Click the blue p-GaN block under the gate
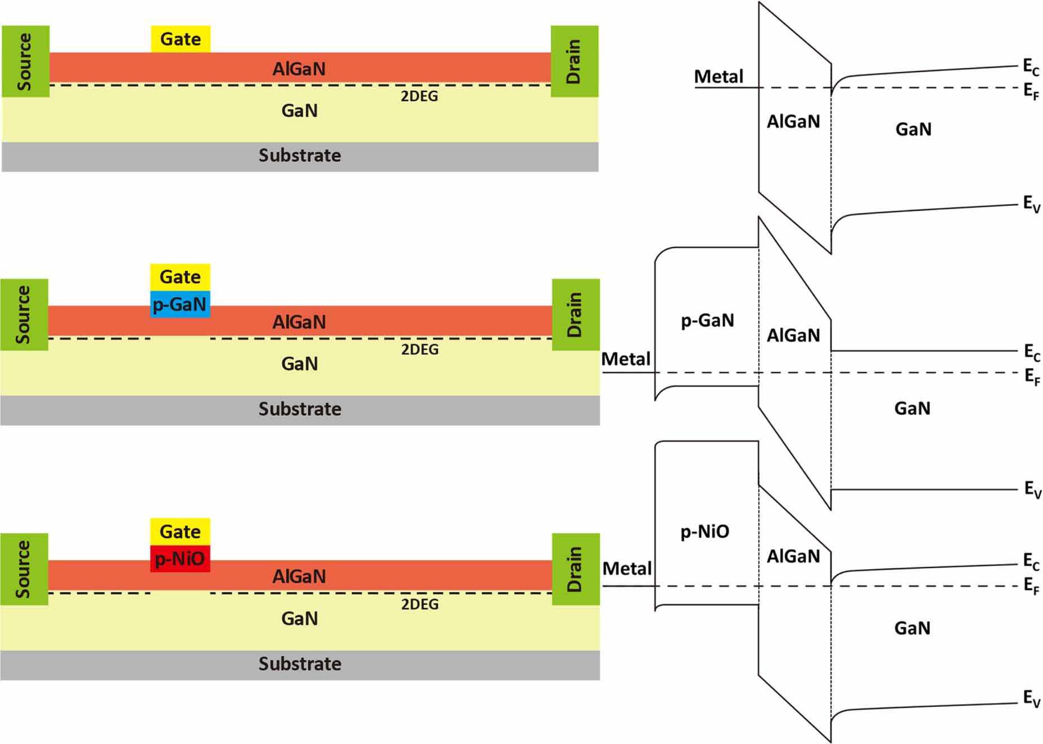[x=180, y=304]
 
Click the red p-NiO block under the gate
[x=180, y=558]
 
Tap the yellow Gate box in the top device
[x=180, y=39]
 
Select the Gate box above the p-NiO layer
[x=180, y=531]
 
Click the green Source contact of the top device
[x=25, y=61]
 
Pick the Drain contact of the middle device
[x=575, y=314]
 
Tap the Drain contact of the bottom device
[x=575, y=569]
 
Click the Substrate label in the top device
[x=299, y=155]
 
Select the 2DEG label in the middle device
[x=419, y=350]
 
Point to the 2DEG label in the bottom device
[x=419, y=604]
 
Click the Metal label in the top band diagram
[x=718, y=76]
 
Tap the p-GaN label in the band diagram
[x=707, y=320]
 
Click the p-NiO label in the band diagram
[x=704, y=531]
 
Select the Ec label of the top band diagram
[x=1031, y=67]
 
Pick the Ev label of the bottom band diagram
[x=1031, y=698]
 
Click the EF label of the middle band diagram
[x=1031, y=376]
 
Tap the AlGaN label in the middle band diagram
[x=793, y=336]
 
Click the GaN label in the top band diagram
[x=913, y=129]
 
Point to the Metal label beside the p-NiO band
[x=626, y=568]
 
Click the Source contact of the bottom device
[x=24, y=569]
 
